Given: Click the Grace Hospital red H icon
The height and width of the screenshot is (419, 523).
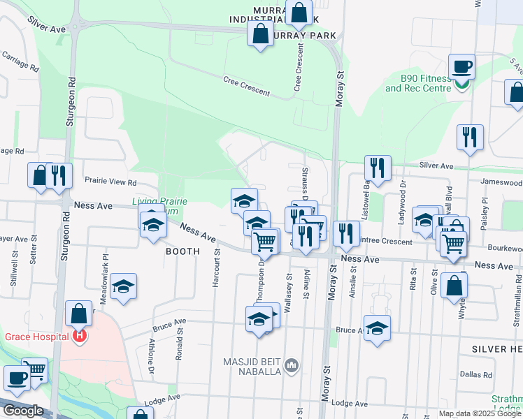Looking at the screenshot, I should [80, 337].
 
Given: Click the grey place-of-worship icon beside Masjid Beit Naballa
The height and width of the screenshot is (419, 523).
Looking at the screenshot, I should [292, 365].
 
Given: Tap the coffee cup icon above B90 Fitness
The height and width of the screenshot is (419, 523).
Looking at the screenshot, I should [461, 68].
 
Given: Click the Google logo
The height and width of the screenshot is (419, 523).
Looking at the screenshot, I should [23, 411].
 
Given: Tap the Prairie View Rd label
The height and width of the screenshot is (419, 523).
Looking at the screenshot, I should [110, 182].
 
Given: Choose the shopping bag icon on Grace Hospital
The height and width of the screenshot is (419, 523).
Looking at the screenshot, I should [78, 315].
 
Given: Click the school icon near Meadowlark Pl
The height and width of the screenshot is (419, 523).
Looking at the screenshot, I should [124, 286].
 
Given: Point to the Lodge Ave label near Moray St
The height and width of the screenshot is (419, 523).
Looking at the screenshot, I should [350, 403].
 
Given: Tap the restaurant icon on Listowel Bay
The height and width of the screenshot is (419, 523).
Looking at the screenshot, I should [377, 168].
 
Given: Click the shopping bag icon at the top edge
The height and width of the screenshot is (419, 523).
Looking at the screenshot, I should [299, 13].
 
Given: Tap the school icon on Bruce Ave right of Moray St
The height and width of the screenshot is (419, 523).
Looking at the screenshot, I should [377, 328].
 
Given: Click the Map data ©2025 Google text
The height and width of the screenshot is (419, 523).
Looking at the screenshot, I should [479, 413].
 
